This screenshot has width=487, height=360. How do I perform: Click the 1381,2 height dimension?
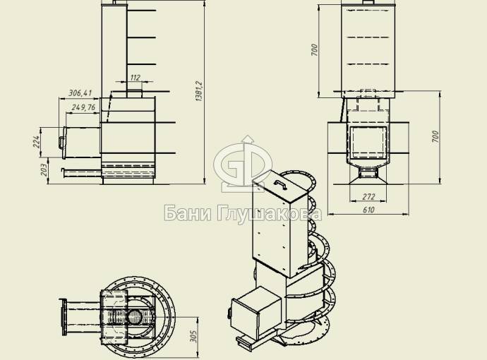(x=199, y=91)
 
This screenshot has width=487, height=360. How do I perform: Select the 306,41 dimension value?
(x=80, y=93)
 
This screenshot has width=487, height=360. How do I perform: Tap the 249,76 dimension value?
(x=83, y=107)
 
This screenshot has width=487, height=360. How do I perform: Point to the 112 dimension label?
(x=135, y=78)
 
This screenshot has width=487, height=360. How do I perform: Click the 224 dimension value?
(x=37, y=142)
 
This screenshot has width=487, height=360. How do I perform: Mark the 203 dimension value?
(x=44, y=169)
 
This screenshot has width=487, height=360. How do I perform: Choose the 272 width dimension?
(x=368, y=197)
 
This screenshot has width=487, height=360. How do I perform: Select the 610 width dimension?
(x=368, y=210)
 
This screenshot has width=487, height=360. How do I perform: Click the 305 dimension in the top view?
(x=193, y=336)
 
